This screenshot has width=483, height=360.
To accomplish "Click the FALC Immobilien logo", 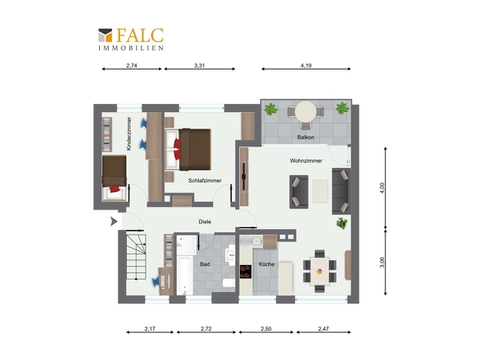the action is [x=131, y=39].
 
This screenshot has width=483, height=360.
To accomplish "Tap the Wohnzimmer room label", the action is [x=306, y=160].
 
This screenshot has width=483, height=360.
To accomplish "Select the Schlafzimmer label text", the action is [x=205, y=181].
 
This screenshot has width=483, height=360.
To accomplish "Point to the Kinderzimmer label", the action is [x=129, y=133].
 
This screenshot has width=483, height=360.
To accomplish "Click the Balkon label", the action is [x=305, y=137].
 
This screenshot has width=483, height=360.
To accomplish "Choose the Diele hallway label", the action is [x=205, y=222].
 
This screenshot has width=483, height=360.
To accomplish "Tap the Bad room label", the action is [x=205, y=264].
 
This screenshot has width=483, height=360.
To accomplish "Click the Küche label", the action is [x=266, y=264].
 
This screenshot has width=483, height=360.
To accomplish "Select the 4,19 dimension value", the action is [x=306, y=65].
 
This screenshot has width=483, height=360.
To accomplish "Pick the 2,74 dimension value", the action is [x=132, y=65].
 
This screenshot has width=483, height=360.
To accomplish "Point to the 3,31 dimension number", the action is [x=199, y=65].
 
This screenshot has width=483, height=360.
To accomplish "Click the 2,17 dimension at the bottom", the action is [x=150, y=329].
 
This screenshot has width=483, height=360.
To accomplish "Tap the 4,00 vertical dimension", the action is [x=382, y=188].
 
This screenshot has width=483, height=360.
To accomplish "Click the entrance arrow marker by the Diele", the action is [x=114, y=222].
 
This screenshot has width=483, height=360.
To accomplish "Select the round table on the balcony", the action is [x=305, y=112].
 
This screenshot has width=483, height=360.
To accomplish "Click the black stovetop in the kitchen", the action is [x=246, y=272].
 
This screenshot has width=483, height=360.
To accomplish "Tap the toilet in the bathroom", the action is [x=228, y=283].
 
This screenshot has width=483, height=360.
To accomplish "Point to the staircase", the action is [x=136, y=257].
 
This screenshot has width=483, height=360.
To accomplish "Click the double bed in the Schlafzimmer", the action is [x=188, y=150].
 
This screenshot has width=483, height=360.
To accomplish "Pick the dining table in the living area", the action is [x=320, y=272].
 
